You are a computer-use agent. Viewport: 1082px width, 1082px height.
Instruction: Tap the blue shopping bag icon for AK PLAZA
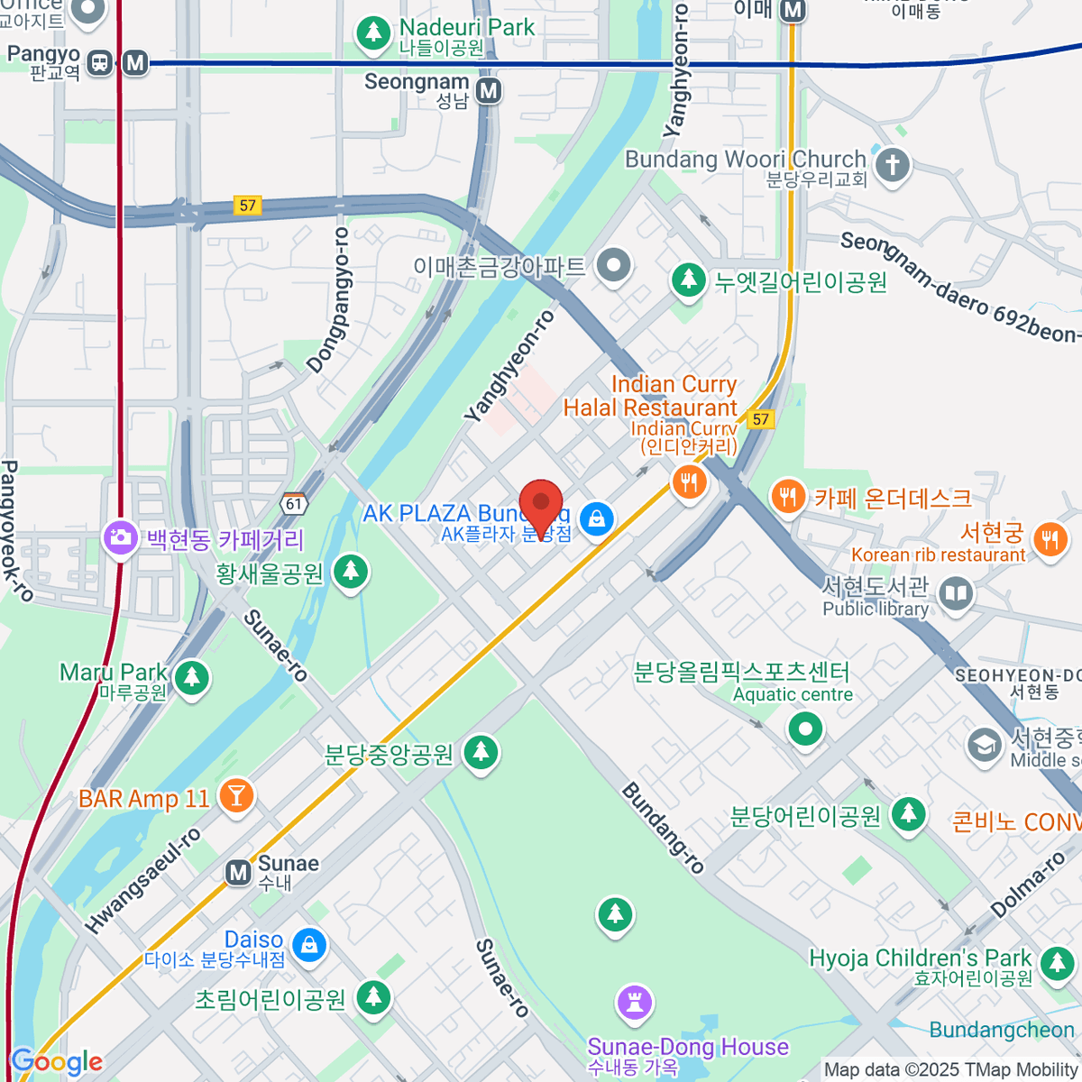(x=596, y=518)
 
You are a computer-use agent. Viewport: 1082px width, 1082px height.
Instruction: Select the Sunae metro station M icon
(x=238, y=872)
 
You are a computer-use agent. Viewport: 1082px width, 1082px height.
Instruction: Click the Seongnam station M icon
(x=489, y=90)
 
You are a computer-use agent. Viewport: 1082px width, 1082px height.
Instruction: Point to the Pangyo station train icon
(x=100, y=62)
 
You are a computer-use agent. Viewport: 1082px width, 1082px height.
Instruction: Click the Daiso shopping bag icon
(x=308, y=944)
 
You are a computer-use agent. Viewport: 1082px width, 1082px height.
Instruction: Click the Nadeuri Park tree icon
(x=372, y=32)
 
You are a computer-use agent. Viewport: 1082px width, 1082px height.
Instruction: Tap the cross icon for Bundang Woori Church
(x=893, y=165)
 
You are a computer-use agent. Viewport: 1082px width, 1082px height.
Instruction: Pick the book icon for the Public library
(x=956, y=593)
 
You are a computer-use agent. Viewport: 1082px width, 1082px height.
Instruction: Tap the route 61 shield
(x=294, y=504)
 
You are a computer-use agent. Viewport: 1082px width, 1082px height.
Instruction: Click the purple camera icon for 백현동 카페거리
(x=119, y=538)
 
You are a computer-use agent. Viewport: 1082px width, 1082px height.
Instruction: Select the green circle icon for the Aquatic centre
(x=805, y=728)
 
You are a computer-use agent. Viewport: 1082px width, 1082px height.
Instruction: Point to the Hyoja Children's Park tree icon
(x=1056, y=963)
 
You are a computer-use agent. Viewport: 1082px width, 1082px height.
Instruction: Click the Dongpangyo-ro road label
(x=328, y=299)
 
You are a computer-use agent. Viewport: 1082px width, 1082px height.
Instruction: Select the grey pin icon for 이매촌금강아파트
(x=615, y=266)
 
